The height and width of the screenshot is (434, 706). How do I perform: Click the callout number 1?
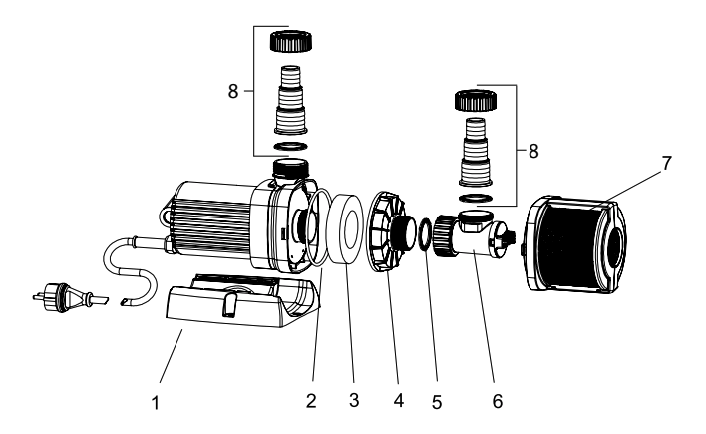click(156, 403)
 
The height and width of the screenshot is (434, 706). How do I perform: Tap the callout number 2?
click(311, 401)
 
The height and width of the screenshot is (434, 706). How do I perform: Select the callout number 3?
click(354, 400)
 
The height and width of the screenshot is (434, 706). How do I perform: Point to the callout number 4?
click(399, 400)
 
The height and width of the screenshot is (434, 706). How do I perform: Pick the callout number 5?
click(437, 402)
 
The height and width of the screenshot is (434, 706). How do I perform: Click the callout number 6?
click(497, 401)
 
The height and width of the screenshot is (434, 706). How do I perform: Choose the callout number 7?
click(666, 163)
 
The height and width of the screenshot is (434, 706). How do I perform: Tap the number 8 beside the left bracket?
click(232, 91)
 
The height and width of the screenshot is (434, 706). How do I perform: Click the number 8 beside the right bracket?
click(533, 151)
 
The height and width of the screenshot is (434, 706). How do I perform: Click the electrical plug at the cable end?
click(70, 297)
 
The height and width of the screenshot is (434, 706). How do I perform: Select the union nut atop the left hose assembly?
click(291, 41)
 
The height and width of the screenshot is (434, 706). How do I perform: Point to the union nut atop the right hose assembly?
click(476, 100)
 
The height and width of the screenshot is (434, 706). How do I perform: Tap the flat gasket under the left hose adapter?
click(291, 146)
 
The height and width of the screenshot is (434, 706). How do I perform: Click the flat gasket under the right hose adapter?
click(476, 198)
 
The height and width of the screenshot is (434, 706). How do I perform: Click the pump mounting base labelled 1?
click(243, 301)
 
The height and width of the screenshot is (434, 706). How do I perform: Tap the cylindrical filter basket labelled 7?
click(575, 244)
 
